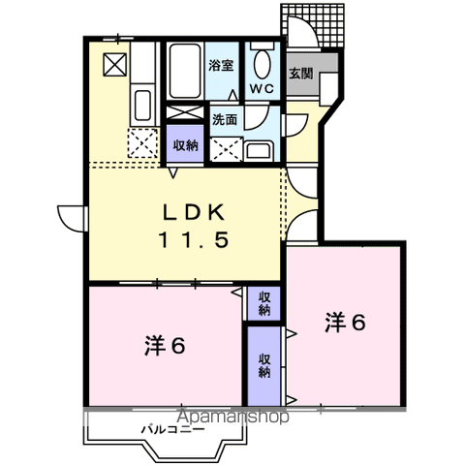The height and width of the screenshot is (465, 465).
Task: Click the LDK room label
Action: pyautogui.click(x=194, y=212)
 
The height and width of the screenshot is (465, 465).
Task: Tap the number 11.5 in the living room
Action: pyautogui.click(x=194, y=240)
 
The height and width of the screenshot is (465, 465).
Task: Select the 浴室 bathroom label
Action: pyautogui.click(x=221, y=66)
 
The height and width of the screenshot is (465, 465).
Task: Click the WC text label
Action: pyautogui.click(x=262, y=89)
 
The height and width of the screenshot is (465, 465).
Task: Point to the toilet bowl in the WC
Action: pyautogui.click(x=263, y=64)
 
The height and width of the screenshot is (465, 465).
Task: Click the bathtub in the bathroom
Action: pyautogui.click(x=185, y=71)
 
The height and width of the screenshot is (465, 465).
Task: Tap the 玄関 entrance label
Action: pyautogui.click(x=300, y=74)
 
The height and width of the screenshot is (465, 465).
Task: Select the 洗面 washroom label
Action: pyautogui.click(x=225, y=120)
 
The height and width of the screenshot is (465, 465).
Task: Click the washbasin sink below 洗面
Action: pyautogui.click(x=258, y=151)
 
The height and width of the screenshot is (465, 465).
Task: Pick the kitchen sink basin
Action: pyautogui.click(x=142, y=106)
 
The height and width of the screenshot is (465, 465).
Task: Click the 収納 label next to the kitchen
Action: pyautogui.click(x=185, y=145)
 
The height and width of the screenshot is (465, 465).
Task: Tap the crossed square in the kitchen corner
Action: pyautogui.click(x=114, y=65)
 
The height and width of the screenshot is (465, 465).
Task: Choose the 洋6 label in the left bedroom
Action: pyautogui.click(x=165, y=346)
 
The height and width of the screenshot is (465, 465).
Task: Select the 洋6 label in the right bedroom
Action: pyautogui.click(x=345, y=323)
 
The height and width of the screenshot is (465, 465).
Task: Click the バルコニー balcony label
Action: pyautogui.click(x=173, y=430)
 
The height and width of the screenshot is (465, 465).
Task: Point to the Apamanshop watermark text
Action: pyautogui.click(x=232, y=417)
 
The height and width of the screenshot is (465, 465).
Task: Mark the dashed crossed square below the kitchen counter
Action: pyautogui.click(x=142, y=143)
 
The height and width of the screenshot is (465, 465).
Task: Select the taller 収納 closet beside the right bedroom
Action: pyautogui.click(x=264, y=366)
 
